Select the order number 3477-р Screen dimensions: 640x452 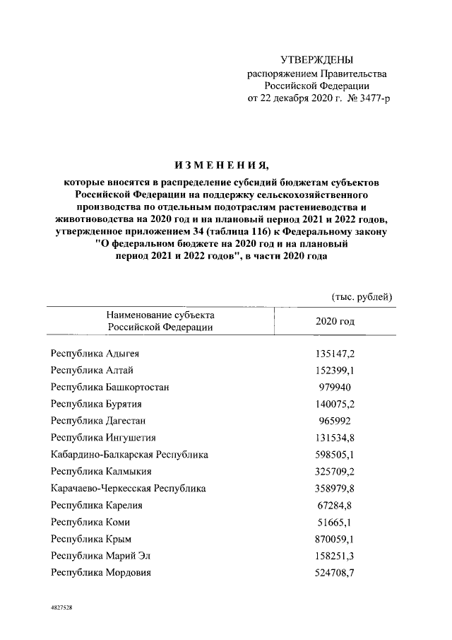coord(371,98)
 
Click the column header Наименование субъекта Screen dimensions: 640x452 coord(160,315)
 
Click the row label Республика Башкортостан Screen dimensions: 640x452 coord(109,387)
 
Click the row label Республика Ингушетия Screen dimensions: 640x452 coord(103,438)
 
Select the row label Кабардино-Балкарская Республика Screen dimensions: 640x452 coord(129,455)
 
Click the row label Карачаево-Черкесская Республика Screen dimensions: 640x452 coord(129,488)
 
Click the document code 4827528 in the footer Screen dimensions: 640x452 coord(61,607)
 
